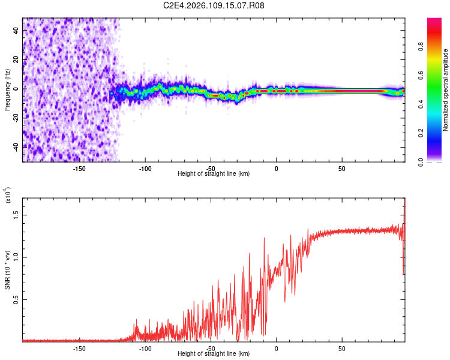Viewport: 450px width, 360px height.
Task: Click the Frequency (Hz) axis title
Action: pos(7,89)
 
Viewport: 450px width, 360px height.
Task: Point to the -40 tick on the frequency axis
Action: pos(16,146)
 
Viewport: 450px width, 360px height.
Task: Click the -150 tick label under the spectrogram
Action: pos(79,169)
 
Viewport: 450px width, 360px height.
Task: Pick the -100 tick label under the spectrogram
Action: pos(145,169)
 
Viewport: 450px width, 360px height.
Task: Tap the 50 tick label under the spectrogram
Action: pos(341,169)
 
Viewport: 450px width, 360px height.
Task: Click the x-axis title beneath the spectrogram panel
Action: pos(214,174)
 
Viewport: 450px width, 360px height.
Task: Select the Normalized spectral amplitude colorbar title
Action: pos(446,90)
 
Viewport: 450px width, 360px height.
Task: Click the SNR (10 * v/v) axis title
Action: pos(7,269)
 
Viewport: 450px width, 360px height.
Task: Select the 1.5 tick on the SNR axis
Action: pos(16,214)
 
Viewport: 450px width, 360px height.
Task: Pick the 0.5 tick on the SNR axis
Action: pos(16,300)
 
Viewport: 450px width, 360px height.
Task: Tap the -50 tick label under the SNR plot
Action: pos(210,348)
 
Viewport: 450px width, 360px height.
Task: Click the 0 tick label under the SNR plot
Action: pos(276,348)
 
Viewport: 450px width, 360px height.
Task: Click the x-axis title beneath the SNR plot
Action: pos(214,354)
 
